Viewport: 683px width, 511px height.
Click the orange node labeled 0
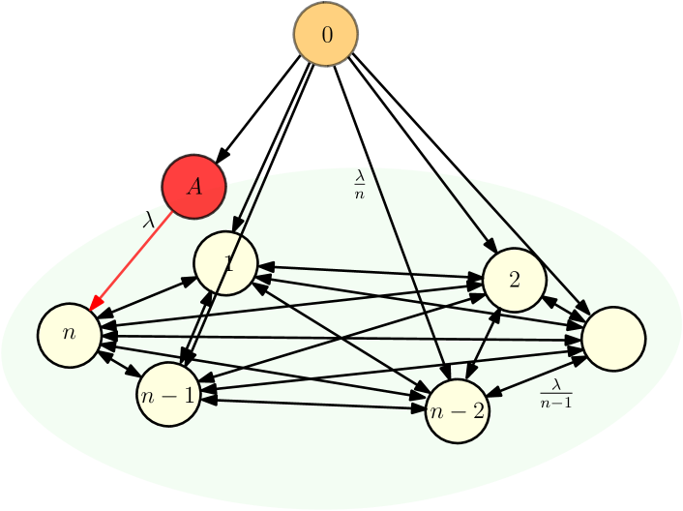pos(326,34)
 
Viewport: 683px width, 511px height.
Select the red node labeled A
pos(194,186)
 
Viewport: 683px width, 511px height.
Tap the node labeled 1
pos(225,263)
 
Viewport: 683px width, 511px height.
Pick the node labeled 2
pos(515,280)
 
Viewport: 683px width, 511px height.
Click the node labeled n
pos(69,334)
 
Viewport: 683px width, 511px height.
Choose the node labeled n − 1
pos(168,395)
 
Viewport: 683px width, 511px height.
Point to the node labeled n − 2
pos(458,410)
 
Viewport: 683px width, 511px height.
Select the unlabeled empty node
pos(613,339)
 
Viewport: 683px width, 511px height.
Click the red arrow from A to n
pos(132,261)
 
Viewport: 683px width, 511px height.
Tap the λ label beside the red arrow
pos(148,221)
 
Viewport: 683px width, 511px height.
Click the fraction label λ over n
pos(360,184)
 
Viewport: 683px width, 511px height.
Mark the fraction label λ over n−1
pos(555,393)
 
